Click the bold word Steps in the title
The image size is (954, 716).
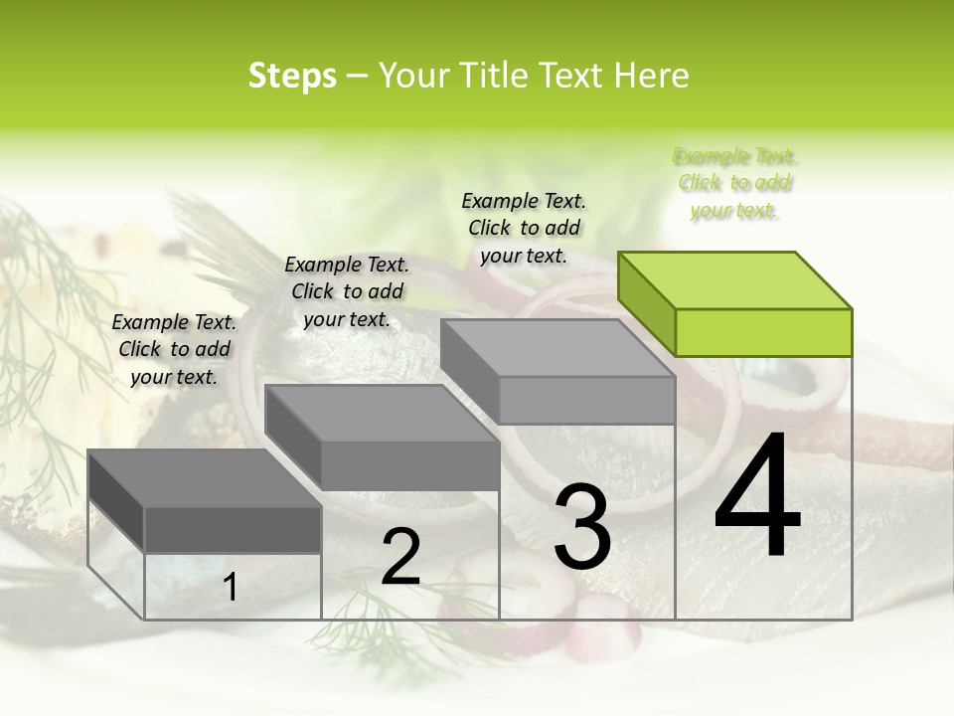292,76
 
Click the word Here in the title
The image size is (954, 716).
652,76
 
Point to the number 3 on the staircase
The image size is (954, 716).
582,526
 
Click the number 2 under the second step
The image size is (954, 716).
400,557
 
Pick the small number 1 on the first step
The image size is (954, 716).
230,588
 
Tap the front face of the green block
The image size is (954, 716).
763,332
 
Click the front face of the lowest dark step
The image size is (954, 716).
233,529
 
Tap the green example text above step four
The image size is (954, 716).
734,183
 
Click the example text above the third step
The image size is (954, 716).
524,228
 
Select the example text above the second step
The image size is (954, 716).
347,291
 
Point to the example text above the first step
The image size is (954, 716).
174,349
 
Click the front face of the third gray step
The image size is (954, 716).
586,400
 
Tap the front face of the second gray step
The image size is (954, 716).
409,464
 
